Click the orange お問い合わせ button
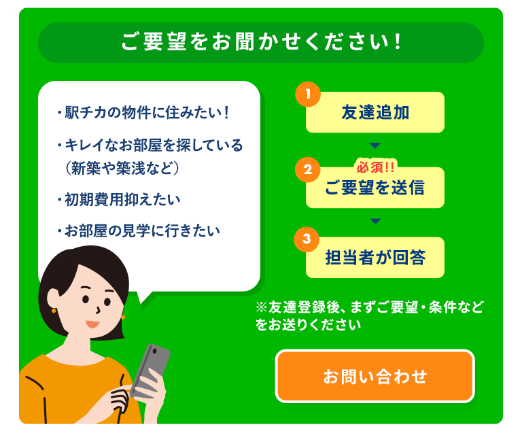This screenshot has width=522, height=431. coord(375,376)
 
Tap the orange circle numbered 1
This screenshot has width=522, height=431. coord(308,94)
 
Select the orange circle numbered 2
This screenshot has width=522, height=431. coord(308,169)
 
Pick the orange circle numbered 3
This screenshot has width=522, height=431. coord(307,239)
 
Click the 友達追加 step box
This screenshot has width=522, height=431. coord(375,112)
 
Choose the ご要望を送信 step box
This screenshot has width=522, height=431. coord(375,188)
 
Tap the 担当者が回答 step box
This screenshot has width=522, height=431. coord(375,258)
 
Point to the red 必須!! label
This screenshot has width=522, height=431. coord(375,167)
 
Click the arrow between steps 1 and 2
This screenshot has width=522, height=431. coord(375,145)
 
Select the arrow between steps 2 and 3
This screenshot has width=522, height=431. coord(375,221)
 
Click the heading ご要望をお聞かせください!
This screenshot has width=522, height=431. coord(261,42)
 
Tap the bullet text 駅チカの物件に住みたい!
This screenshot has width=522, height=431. coord(143,112)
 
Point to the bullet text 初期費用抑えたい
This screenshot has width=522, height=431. coord(119,199)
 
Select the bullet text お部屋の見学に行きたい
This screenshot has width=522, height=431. coord(139,230)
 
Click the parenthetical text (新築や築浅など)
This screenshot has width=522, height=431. coord(122,168)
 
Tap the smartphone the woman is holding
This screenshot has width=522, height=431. coord(150,370)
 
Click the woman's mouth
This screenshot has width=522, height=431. coord(92,324)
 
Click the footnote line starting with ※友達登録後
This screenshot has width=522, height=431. coord(370,307)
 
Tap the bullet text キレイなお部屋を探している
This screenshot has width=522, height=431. coord(150,145)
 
